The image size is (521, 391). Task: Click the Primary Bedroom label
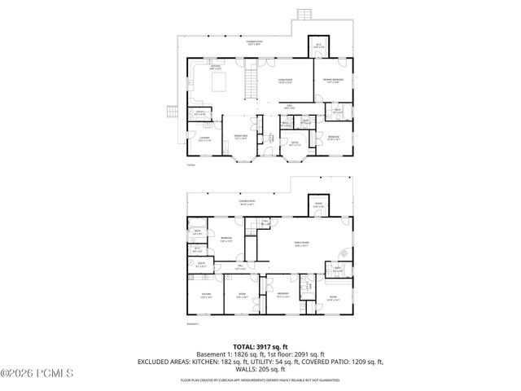[x=335, y=81]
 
